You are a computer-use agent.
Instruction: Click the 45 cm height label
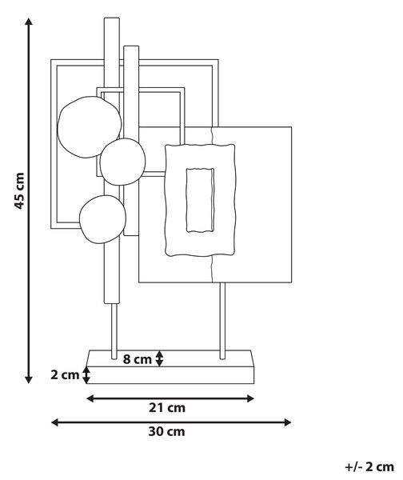click(19, 190)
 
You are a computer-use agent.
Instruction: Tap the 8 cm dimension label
click(137, 359)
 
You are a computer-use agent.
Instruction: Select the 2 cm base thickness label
click(65, 374)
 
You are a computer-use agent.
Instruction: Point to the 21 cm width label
click(167, 408)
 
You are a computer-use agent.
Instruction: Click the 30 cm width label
click(167, 432)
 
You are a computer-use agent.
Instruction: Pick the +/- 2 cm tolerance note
click(369, 467)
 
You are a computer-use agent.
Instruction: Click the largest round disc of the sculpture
click(90, 127)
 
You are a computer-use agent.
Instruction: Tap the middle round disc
click(122, 162)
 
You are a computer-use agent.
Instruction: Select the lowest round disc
click(102, 219)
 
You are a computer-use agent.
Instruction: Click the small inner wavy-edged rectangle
click(200, 199)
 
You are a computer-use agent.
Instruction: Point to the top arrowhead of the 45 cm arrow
click(29, 22)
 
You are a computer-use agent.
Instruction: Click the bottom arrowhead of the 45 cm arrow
click(29, 379)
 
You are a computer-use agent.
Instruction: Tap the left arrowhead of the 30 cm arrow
click(55, 422)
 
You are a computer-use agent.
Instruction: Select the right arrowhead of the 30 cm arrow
click(287, 422)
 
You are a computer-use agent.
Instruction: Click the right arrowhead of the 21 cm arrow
click(250, 398)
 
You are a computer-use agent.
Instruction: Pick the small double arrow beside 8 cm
click(159, 358)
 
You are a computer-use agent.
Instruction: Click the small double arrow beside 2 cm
click(86, 375)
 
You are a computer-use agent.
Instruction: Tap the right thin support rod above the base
click(223, 321)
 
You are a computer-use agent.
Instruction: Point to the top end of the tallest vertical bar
click(112, 18)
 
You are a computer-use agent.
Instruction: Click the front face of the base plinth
click(170, 375)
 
